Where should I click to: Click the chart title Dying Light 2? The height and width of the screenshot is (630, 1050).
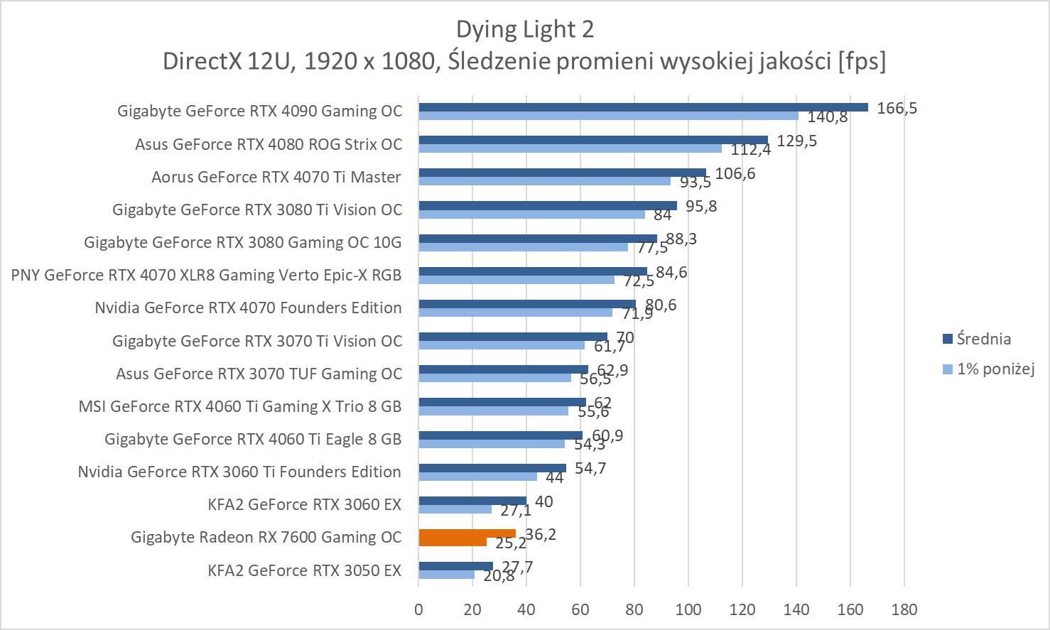point(524,29)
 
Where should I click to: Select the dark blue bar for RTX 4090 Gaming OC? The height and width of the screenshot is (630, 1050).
point(643,107)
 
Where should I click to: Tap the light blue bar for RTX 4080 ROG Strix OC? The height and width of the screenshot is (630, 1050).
point(570,148)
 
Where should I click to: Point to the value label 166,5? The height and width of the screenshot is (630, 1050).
point(897,108)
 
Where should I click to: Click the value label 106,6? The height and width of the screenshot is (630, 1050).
point(735,173)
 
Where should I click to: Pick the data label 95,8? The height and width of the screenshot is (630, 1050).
point(701,206)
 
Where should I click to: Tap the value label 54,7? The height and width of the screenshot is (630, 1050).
point(590,468)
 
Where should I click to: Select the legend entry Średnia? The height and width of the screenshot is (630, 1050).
point(983,339)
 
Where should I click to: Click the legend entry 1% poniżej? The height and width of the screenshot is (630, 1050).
point(995,369)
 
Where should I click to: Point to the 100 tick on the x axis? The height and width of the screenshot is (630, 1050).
point(688,609)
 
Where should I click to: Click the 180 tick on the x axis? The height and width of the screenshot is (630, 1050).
point(904,609)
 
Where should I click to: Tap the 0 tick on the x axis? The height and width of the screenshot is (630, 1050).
point(418,609)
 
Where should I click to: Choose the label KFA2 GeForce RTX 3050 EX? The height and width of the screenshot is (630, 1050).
point(304,570)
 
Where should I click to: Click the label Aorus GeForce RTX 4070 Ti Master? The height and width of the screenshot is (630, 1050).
point(276,177)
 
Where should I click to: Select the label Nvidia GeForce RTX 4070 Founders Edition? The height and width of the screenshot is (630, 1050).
point(248,308)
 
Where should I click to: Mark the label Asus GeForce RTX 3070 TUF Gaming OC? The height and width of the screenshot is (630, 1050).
point(259,374)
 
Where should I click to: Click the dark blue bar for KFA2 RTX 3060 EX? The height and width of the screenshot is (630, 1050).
point(472,501)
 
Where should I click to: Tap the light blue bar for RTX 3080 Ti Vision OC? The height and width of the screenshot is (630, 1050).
point(531,214)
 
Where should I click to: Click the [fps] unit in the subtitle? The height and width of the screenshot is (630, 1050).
point(862,62)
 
